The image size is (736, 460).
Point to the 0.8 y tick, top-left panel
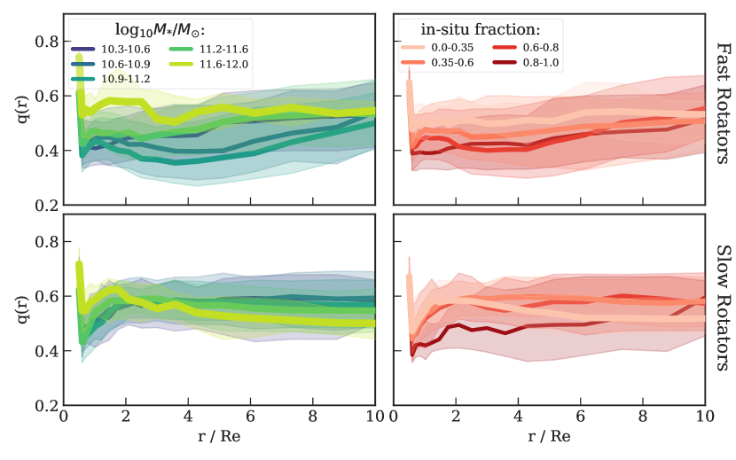tap(45, 42)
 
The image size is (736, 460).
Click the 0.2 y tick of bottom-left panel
tap(45, 406)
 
